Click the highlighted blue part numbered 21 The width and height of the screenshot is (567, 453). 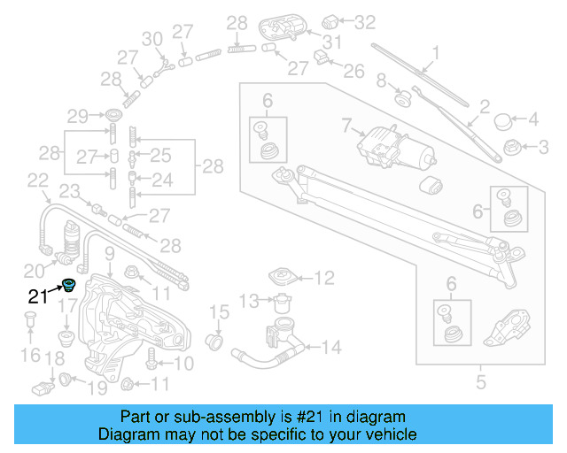point(68,285)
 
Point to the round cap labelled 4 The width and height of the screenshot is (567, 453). point(505,120)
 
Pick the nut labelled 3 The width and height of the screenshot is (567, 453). point(511,146)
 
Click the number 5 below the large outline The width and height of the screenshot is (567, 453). point(481,383)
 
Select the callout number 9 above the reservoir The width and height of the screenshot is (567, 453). point(109,256)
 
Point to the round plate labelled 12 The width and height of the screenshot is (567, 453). point(285,276)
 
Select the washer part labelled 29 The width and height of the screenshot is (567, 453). point(113,116)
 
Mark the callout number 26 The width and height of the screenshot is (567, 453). point(353,69)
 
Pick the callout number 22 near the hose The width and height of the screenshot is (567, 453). point(37,180)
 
